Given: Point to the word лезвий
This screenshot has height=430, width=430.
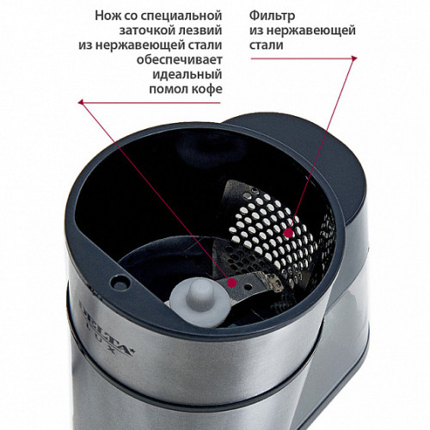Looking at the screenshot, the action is [198, 31].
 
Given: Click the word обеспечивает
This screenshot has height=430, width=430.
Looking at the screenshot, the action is [179, 60].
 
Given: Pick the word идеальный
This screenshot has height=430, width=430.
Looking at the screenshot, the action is [187, 75].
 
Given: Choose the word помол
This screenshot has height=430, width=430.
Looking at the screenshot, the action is [168, 89].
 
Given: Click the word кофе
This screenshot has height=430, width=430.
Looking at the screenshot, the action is [206, 89].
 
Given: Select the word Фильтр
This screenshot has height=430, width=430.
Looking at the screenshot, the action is [272, 15].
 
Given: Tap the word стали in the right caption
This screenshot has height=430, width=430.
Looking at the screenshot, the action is [266, 46].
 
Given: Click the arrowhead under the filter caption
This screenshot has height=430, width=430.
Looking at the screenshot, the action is [354, 58].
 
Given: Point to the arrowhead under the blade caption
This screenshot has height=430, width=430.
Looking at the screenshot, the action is [81, 102].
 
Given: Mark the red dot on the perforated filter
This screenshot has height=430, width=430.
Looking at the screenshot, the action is [289, 233].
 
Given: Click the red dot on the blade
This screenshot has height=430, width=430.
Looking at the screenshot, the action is [231, 283].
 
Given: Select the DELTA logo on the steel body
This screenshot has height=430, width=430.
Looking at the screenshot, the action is [105, 324].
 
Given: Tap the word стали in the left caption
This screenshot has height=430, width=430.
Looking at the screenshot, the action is [205, 46].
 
